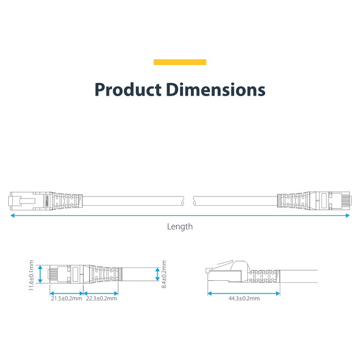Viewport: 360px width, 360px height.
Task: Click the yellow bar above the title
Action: pos(180,62)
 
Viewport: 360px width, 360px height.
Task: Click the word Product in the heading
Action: pos(128,89)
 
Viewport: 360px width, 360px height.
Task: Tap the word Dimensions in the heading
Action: pos(215,89)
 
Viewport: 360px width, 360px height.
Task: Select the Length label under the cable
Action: pos(180,227)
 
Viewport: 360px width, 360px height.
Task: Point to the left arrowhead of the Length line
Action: pos(13,215)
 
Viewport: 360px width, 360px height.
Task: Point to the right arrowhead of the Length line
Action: pos(347,215)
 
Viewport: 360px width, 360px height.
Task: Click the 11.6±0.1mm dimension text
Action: pos(31,275)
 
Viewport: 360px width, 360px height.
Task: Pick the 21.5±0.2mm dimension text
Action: pos(66,298)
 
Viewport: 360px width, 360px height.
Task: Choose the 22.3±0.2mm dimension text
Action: pos(101,298)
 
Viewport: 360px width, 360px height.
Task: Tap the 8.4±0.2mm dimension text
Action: pos(164,274)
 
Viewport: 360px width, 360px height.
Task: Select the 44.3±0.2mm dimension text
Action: pos(244,298)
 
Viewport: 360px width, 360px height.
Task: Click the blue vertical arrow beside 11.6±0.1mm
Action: pos(40,274)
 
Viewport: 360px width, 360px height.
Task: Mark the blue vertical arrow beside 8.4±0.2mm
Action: pos(157,274)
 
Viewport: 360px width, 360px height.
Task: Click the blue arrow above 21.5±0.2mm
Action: pos(66,294)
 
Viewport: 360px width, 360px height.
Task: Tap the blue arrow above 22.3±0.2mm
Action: pos(101,294)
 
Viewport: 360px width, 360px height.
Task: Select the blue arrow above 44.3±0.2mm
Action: pos(244,294)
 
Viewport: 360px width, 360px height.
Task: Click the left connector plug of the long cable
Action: pos(30,201)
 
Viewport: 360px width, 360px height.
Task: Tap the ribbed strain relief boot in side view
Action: pos(264,276)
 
